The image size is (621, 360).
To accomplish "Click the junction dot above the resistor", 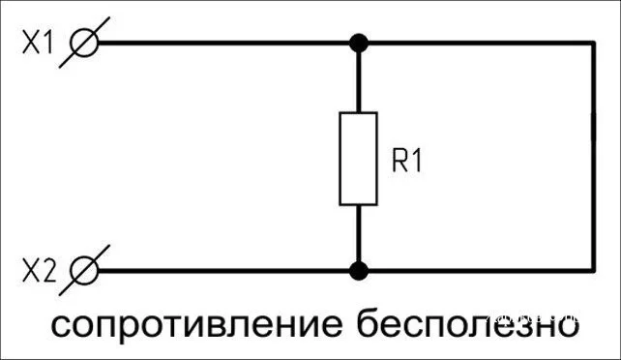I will (358, 44).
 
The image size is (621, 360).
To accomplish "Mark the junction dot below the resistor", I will (358, 271).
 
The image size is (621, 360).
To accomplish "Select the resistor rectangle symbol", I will (358, 158).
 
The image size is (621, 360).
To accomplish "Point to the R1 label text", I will (407, 162).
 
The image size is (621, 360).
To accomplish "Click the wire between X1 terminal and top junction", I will (222, 44).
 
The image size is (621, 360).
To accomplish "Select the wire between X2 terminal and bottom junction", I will (222, 271).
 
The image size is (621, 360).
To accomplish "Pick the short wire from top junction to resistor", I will (358, 79).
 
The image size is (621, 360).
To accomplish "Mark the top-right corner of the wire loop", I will (592, 44).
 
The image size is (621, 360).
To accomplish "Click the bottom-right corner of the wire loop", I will (592, 271).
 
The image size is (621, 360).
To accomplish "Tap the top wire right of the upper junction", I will (474, 44).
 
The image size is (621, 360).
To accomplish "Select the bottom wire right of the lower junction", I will (474, 271).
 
